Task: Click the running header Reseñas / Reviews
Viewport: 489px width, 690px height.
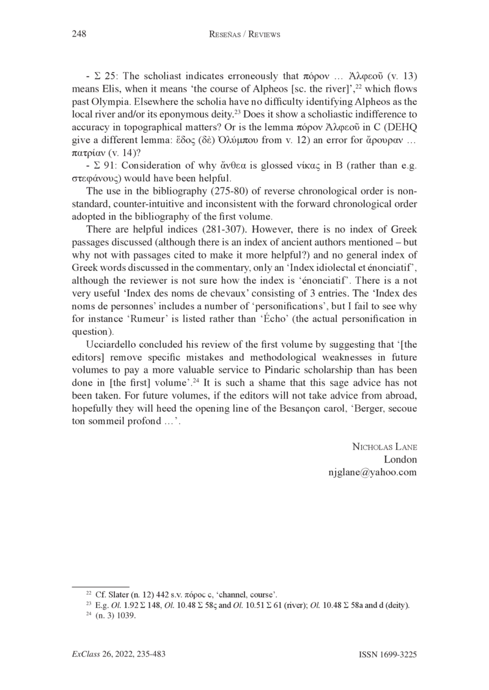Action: [x=244, y=35]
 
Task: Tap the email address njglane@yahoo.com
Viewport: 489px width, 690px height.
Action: [x=373, y=472]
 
